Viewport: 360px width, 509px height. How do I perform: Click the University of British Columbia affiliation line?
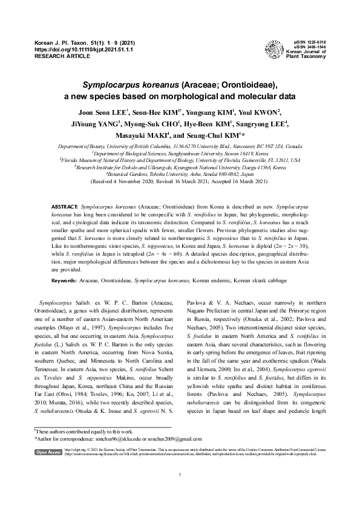180,147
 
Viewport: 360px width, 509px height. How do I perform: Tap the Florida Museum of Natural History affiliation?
180,160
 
